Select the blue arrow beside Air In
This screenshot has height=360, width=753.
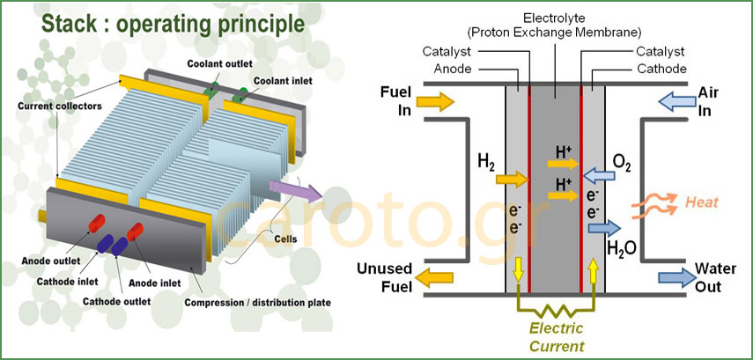coord(674,102)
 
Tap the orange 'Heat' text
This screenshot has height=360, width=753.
coord(703,203)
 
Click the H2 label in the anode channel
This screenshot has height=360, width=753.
coord(485,161)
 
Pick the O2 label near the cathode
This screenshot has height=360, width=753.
coord(621,162)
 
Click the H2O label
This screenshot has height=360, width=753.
coord(624,246)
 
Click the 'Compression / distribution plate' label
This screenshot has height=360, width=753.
coord(257,303)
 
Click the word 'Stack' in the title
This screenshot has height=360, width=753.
coord(75,23)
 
